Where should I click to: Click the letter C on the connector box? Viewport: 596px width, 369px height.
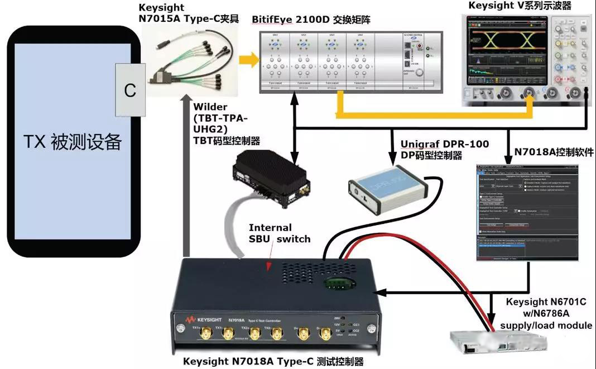(x=130, y=90)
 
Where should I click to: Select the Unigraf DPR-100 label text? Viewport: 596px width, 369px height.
(x=445, y=144)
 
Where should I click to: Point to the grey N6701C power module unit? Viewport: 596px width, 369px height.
(x=491, y=345)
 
